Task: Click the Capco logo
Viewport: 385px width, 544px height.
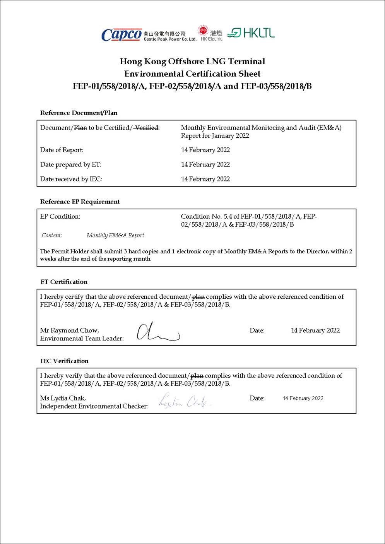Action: point(121,35)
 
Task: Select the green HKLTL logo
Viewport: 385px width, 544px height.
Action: point(251,33)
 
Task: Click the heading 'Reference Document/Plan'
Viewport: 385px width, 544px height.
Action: point(79,113)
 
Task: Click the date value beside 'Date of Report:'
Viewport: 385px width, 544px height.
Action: point(205,150)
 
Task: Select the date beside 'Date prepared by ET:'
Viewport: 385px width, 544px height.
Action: point(205,164)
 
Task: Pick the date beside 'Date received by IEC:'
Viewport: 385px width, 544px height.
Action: point(205,179)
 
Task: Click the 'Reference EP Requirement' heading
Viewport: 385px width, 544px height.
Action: point(80,202)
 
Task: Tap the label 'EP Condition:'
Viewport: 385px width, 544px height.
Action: point(60,217)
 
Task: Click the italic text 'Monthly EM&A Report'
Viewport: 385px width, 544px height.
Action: point(115,235)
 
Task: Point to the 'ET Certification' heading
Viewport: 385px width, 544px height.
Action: point(64,282)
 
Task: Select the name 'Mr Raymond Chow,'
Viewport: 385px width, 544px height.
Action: point(70,330)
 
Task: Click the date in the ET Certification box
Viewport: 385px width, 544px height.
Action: point(315,330)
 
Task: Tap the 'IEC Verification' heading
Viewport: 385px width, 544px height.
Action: point(64,361)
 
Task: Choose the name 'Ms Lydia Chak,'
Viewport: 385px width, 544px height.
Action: point(63,398)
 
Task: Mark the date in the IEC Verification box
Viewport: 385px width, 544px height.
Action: point(303,398)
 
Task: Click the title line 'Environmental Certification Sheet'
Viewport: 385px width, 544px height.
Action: point(192,74)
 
